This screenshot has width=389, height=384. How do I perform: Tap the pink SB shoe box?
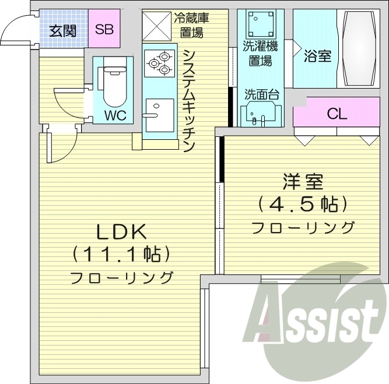point(104,29)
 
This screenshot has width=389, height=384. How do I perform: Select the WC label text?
point(115,115)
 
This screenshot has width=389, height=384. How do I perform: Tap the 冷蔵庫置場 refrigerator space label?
point(191,24)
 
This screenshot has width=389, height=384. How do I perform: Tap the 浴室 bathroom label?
point(317,56)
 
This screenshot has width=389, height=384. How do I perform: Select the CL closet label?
point(337,114)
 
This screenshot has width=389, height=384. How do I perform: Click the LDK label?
point(121,231)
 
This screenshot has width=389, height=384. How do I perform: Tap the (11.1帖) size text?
point(121,254)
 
